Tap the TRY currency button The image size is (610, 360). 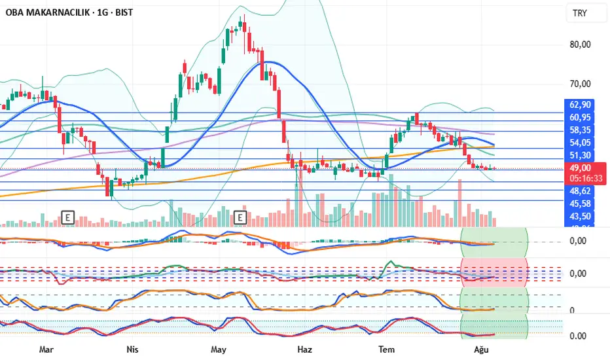pyautogui.click(x=579, y=13)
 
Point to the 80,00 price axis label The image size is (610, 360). pyautogui.click(x=581, y=45)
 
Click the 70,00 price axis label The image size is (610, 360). pyautogui.click(x=581, y=84)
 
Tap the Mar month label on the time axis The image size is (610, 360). pyautogui.click(x=45, y=350)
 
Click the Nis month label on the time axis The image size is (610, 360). pyautogui.click(x=133, y=350)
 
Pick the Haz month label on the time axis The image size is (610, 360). pyautogui.click(x=306, y=350)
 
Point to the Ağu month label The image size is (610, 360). pyautogui.click(x=482, y=350)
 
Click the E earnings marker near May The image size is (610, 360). pyautogui.click(x=240, y=217)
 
